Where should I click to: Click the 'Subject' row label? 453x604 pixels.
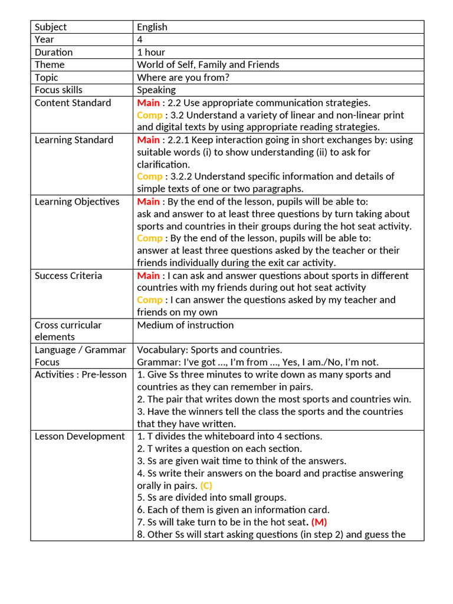[x=51, y=27]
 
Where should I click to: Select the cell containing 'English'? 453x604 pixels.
[x=152, y=27]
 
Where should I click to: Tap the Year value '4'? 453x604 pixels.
[x=140, y=40]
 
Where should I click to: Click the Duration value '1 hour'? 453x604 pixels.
[x=151, y=52]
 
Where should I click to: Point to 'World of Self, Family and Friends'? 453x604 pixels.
[x=208, y=65]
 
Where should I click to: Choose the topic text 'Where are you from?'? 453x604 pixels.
[x=183, y=77]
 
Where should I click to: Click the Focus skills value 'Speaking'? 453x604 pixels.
[x=156, y=90]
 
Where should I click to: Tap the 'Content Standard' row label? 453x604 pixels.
[x=73, y=103]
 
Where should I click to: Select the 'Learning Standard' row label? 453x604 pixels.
[x=74, y=140]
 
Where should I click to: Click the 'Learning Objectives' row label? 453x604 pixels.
[x=77, y=202]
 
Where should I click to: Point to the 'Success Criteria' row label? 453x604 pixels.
[x=68, y=275]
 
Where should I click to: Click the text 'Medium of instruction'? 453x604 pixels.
[x=185, y=325]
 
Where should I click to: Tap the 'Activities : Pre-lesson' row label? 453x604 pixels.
[x=80, y=375]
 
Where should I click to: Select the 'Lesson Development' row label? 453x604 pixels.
[x=80, y=436]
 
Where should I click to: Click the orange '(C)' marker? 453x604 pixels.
[x=206, y=485]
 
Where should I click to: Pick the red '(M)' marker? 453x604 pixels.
[x=319, y=522]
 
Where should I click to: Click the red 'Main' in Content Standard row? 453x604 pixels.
[x=148, y=103]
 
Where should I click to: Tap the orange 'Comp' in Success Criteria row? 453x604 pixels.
[x=149, y=300]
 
